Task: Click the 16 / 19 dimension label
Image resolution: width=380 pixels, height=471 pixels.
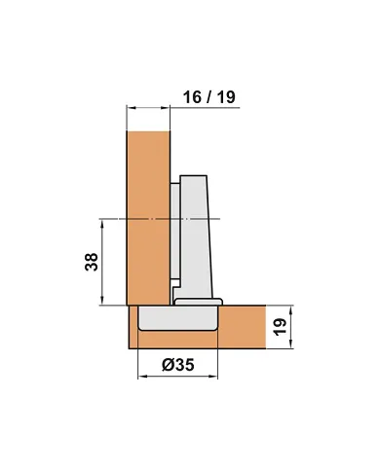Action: pyautogui.click(x=209, y=97)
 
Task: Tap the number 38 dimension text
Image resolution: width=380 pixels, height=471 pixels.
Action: pyautogui.click(x=92, y=262)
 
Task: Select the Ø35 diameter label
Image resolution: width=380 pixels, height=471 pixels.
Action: pyautogui.click(x=178, y=365)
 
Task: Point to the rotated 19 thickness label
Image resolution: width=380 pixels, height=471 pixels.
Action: pyautogui.click(x=280, y=327)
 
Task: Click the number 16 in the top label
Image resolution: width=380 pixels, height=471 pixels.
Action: pyautogui.click(x=192, y=97)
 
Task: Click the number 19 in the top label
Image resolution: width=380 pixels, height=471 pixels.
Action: pyautogui.click(x=226, y=97)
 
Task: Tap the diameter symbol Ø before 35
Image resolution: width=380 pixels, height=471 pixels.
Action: pyautogui.click(x=168, y=365)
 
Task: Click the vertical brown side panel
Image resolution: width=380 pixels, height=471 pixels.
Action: pyautogui.click(x=148, y=218)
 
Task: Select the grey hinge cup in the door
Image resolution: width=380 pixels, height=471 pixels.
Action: pyautogui.click(x=177, y=318)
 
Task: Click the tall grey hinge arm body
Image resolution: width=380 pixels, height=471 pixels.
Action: pyautogui.click(x=195, y=236)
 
